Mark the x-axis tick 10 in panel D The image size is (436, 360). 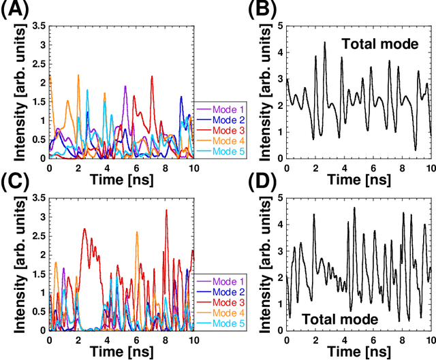(x=430, y=340)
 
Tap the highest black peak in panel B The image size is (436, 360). (x=324, y=42)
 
